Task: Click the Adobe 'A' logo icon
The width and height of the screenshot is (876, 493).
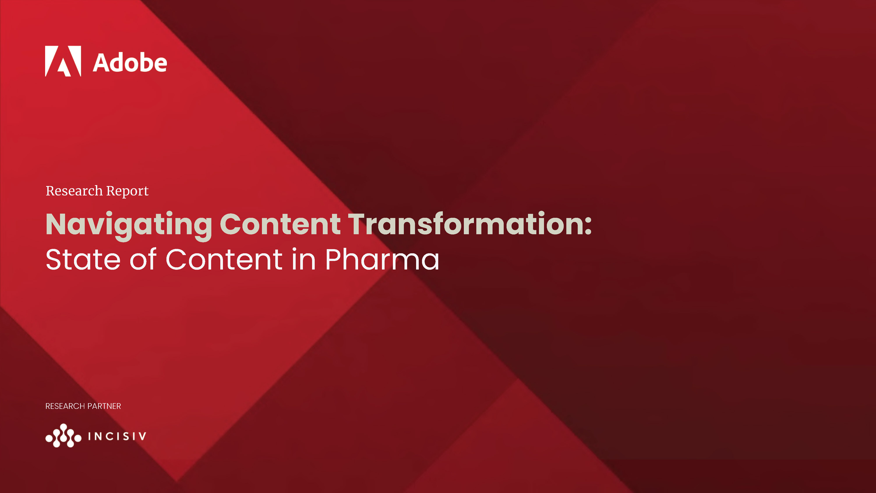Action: pos(63,61)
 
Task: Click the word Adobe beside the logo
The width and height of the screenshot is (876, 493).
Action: pos(130,63)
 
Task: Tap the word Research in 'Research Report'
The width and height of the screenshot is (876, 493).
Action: pos(74,191)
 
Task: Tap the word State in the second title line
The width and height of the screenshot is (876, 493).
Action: pos(83,260)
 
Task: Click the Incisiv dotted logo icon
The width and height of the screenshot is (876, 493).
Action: pos(63,436)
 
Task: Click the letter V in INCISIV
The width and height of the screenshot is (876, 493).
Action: pos(143,436)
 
